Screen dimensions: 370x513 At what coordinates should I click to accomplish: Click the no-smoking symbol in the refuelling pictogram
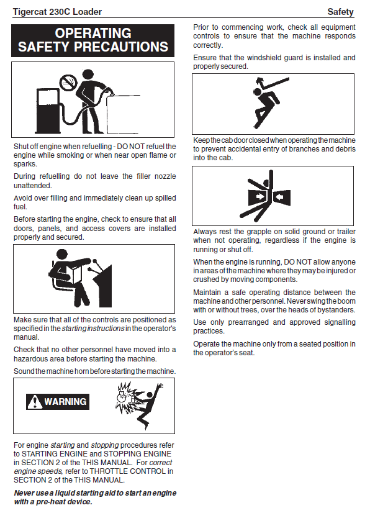pos(68,83)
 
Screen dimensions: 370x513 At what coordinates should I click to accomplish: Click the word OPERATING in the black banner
pos(93,34)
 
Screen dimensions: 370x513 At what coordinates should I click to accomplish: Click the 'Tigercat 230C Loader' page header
pos(57,12)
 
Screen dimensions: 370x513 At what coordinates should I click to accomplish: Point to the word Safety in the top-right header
pos(341,12)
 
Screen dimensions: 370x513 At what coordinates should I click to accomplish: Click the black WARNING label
pos(58,402)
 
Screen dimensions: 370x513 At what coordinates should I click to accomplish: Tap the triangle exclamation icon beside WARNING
pos(35,402)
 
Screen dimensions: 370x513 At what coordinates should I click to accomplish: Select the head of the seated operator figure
pos(62,255)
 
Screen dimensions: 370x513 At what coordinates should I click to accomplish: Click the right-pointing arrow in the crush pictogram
pos(260,197)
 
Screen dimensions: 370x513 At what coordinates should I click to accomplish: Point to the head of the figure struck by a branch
pos(258,92)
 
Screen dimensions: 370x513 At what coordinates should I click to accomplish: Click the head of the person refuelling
pos(88,75)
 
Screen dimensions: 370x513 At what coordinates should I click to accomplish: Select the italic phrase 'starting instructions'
pos(93,329)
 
